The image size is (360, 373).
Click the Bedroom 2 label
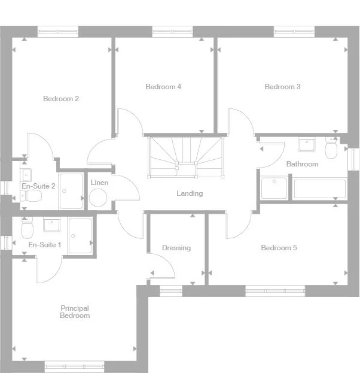click(x=61, y=99)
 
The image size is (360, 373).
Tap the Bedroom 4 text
click(x=163, y=87)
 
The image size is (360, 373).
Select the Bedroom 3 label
click(x=282, y=87)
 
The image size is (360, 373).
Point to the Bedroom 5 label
click(x=279, y=248)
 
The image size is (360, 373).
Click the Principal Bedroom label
click(x=75, y=312)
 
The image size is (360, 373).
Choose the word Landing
click(x=190, y=193)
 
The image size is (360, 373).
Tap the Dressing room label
click(x=176, y=248)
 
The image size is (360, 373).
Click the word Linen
click(x=99, y=182)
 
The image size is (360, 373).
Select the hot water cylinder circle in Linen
click(x=97, y=198)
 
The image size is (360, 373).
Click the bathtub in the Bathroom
click(x=319, y=189)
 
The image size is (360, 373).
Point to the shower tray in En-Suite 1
click(x=80, y=235)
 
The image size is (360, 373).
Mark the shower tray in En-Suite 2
click(x=71, y=191)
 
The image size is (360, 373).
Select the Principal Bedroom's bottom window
click(x=75, y=366)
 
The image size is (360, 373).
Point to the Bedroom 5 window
click(x=275, y=291)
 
